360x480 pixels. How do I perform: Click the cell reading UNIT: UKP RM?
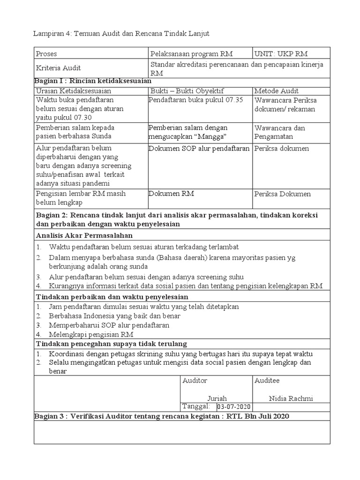tap(281, 54)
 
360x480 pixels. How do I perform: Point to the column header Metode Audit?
tap(277, 91)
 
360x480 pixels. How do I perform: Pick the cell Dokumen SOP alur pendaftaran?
tap(199, 149)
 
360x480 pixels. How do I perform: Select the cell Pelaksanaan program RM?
tap(191, 54)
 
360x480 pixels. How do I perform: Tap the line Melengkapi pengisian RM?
tap(91, 334)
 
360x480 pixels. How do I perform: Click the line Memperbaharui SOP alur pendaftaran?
tap(109, 325)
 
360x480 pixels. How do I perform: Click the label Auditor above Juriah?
tap(195, 381)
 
